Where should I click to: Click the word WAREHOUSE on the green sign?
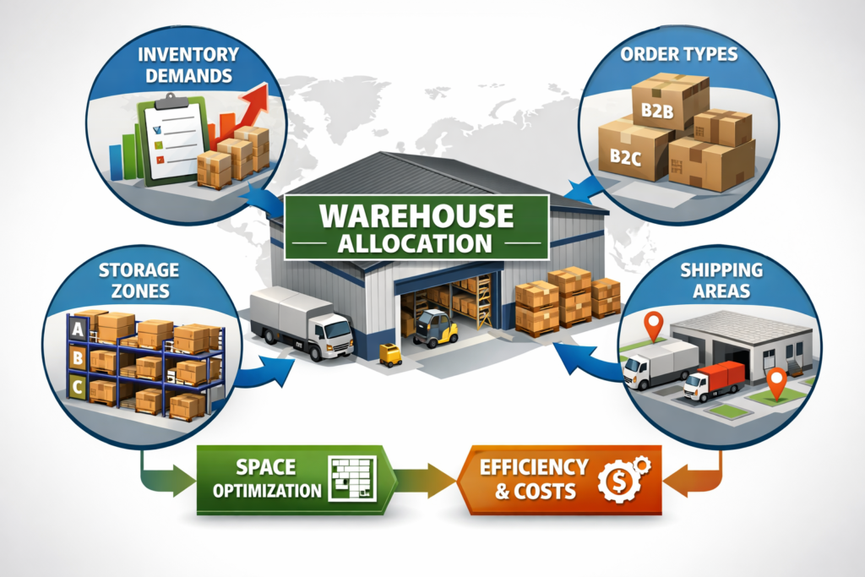[x=416, y=216]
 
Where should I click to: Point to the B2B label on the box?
[x=653, y=111]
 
